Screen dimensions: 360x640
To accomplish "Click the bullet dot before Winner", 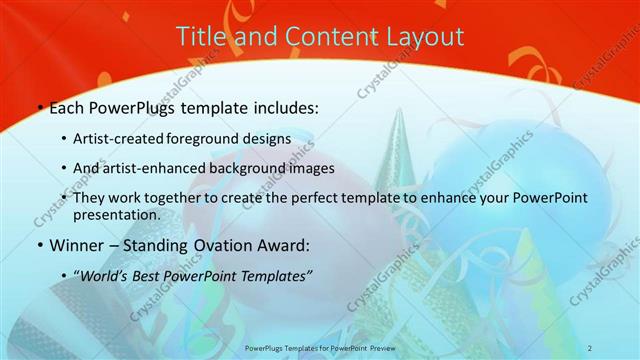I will (39, 245).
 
